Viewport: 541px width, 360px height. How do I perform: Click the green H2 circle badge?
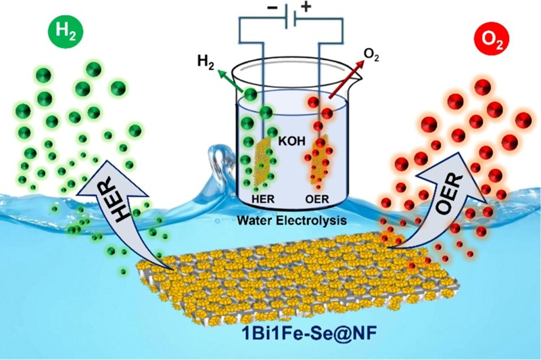click(x=66, y=32)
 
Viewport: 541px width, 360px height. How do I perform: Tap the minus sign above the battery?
click(x=273, y=7)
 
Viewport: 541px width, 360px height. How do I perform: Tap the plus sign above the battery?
click(x=306, y=7)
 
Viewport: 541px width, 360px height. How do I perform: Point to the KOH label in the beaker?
click(x=292, y=141)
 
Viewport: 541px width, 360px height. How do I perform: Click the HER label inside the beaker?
click(x=264, y=199)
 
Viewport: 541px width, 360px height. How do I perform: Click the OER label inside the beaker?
click(x=317, y=199)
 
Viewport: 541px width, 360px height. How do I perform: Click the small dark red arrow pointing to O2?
click(x=347, y=79)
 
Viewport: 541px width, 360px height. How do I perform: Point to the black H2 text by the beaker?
click(x=206, y=63)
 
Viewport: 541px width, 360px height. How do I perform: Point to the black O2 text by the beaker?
click(x=371, y=55)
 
